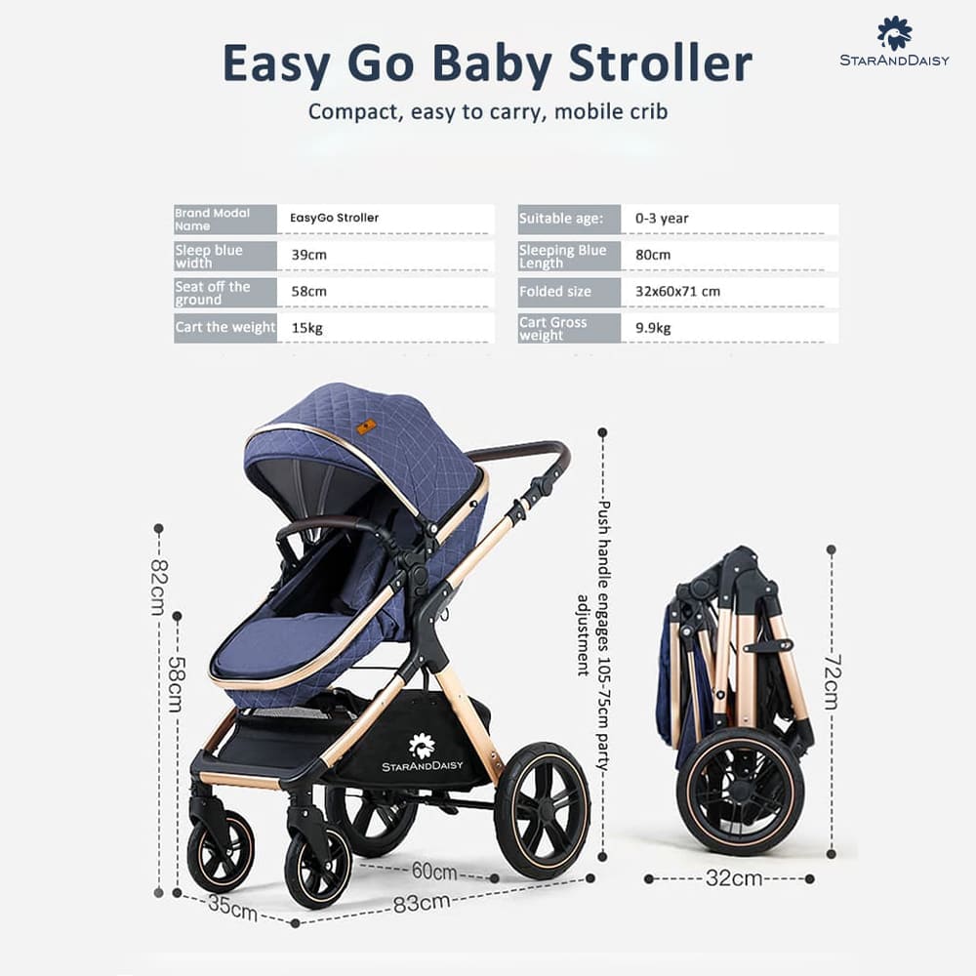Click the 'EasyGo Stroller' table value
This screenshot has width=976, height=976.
coord(334,218)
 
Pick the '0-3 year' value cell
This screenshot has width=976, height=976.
coord(662,219)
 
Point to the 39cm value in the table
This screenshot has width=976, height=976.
coord(308,255)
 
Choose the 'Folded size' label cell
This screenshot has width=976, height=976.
coord(555,291)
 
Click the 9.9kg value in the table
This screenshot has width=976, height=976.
coord(653,328)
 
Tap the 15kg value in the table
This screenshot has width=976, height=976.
coord(306,328)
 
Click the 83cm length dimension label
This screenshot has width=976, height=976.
coord(422,903)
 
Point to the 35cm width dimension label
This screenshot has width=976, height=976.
coord(232,909)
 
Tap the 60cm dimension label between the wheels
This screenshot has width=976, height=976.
coord(433,871)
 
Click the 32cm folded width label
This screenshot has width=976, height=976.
coord(733,878)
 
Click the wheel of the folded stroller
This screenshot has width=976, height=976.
coord(741,792)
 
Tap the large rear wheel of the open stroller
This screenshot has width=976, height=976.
coord(541,809)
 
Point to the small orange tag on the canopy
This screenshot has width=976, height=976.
coord(366,427)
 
